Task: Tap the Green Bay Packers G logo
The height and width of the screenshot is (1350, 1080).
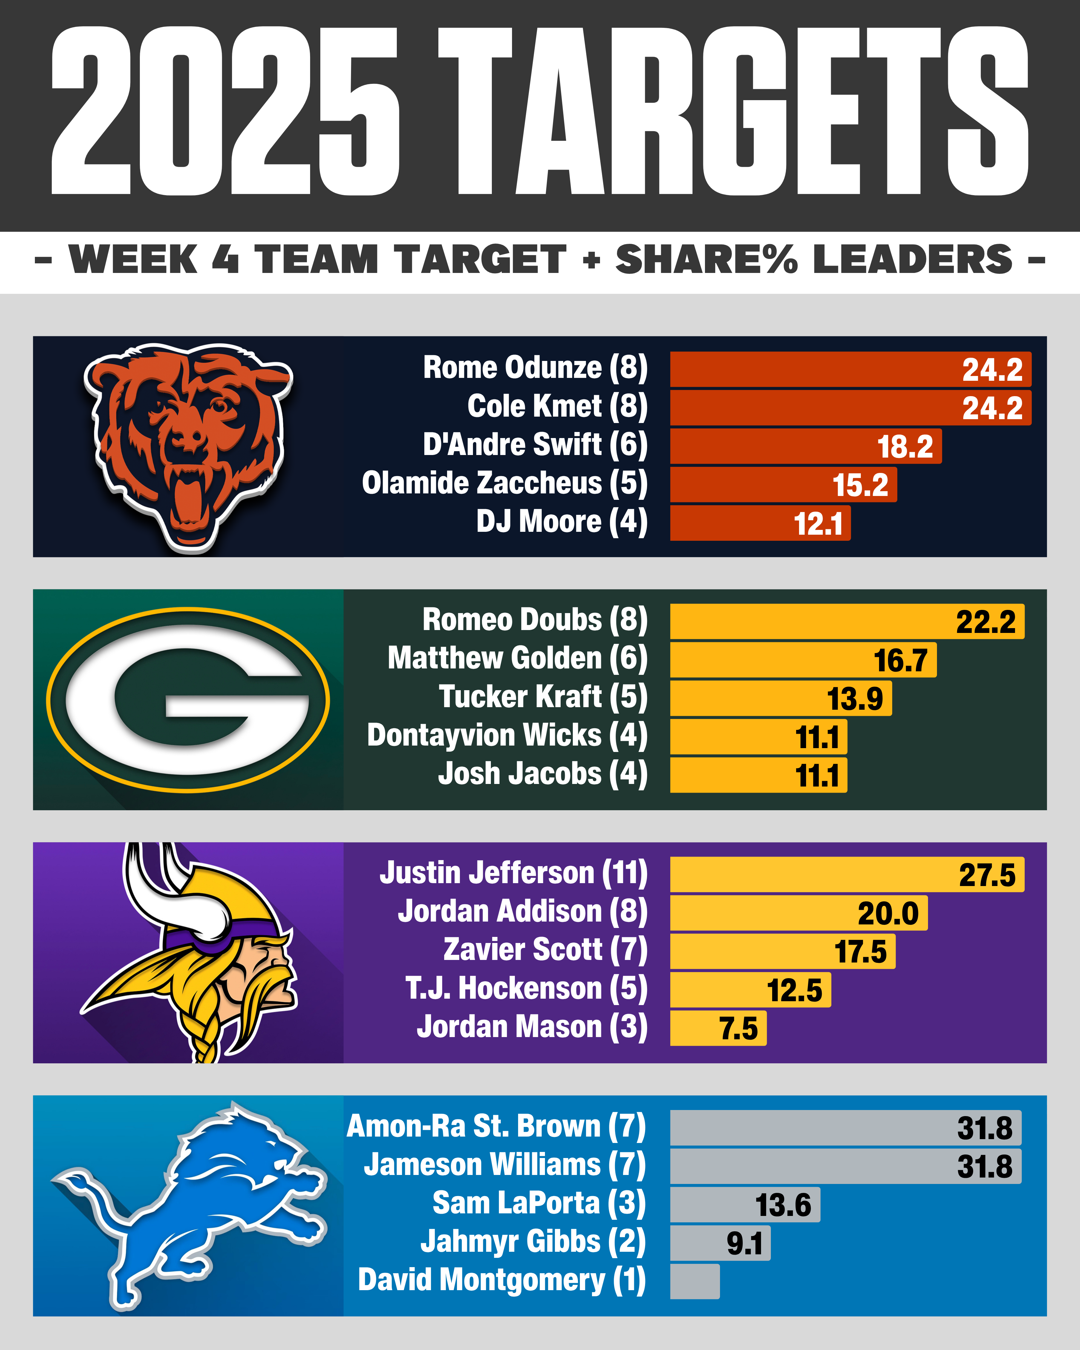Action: pyautogui.click(x=188, y=699)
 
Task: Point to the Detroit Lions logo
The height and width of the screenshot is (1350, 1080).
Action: pyautogui.click(x=188, y=1205)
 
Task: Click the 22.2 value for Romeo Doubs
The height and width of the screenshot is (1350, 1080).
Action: pyautogui.click(x=986, y=622)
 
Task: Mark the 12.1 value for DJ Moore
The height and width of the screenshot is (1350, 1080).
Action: pyautogui.click(x=818, y=523)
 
